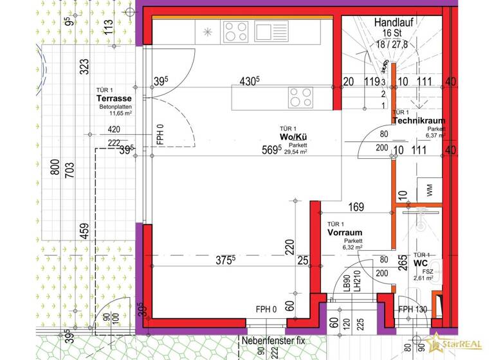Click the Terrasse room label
114,99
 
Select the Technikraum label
418,121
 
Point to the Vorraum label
345,233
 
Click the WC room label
421,264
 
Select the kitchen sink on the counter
265,31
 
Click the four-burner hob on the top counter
235,31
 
